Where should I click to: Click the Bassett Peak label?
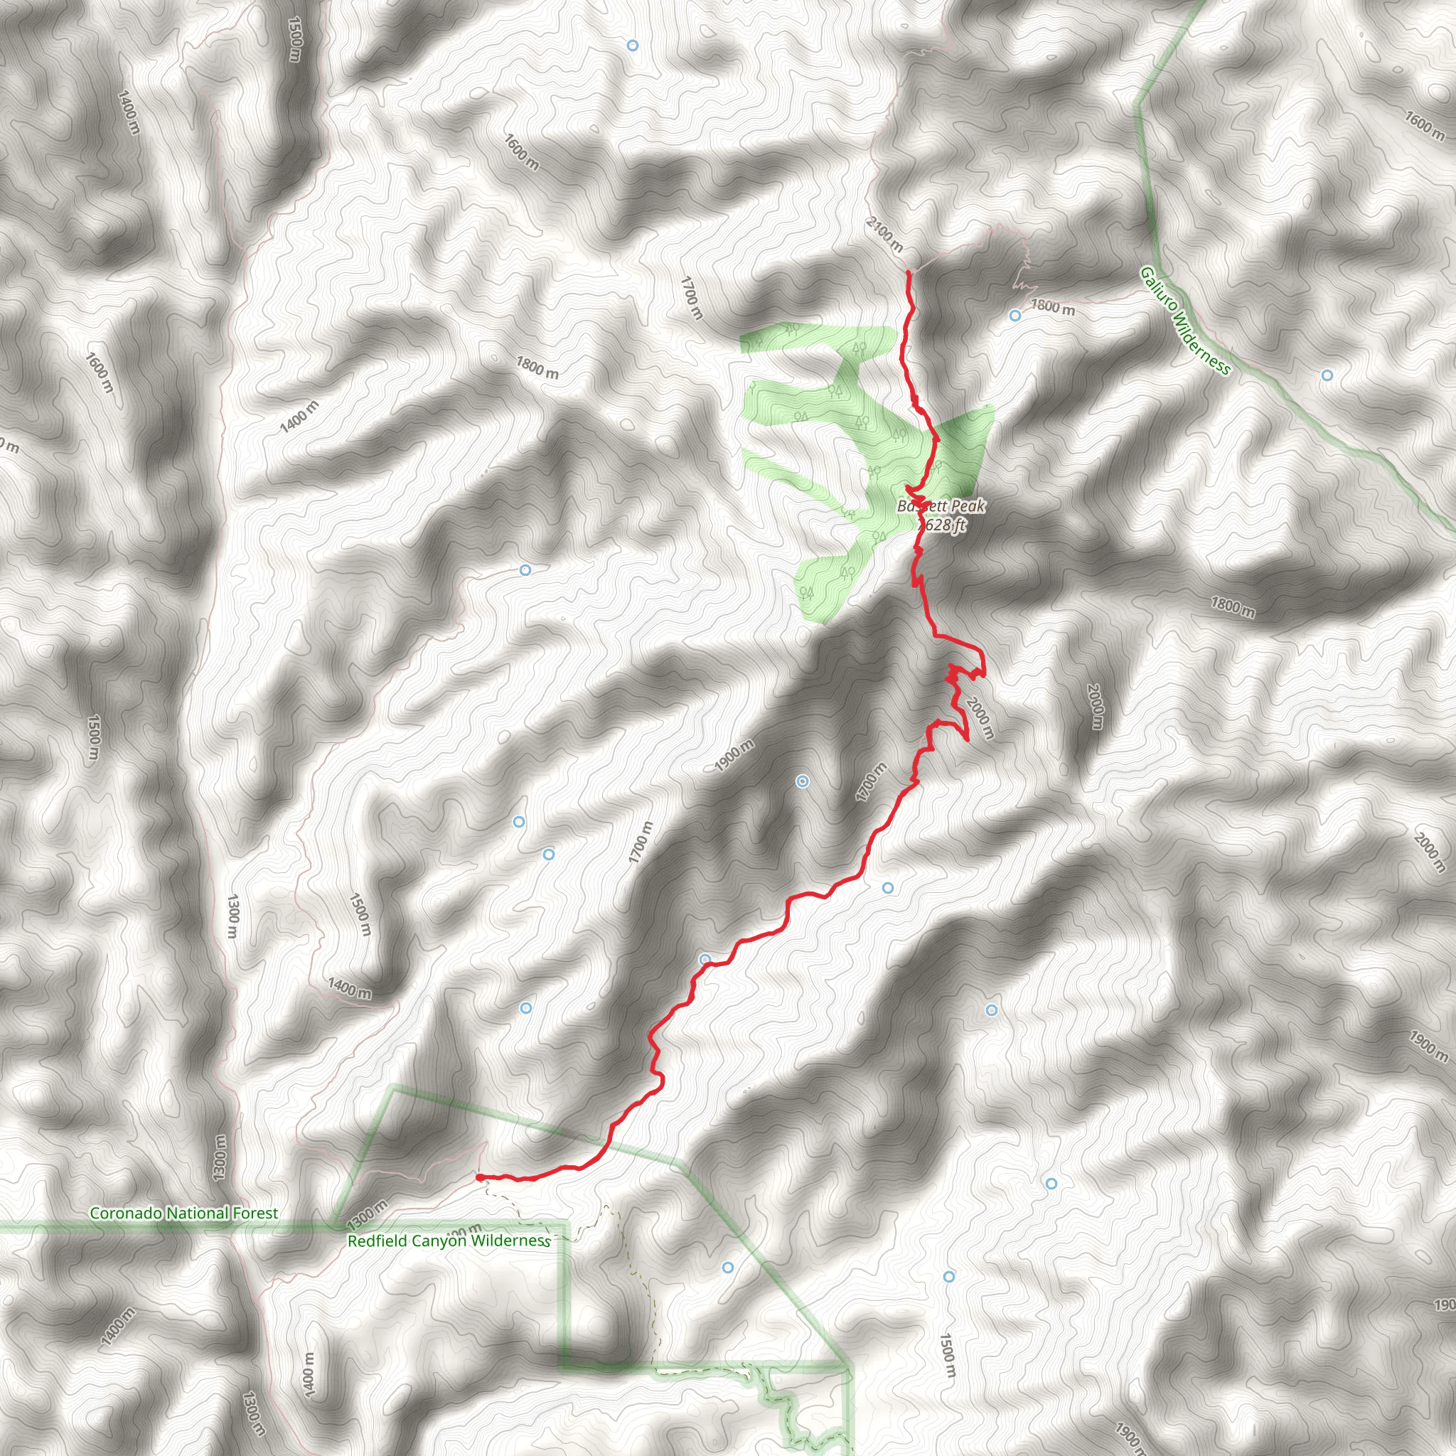(x=941, y=506)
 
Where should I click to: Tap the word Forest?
(x=255, y=1214)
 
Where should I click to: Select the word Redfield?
(x=374, y=1241)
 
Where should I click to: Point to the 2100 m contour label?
(x=884, y=235)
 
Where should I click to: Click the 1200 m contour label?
(x=253, y=1414)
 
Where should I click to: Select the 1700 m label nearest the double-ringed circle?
(x=871, y=782)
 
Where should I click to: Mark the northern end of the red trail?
(x=908, y=272)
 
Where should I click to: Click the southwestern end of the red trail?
(x=479, y=1177)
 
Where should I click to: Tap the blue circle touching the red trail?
(x=705, y=959)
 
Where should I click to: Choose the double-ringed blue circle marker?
(x=803, y=781)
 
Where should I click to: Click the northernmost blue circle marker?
(x=632, y=46)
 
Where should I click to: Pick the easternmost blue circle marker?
(x=1327, y=375)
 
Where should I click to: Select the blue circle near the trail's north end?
(x=1015, y=315)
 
